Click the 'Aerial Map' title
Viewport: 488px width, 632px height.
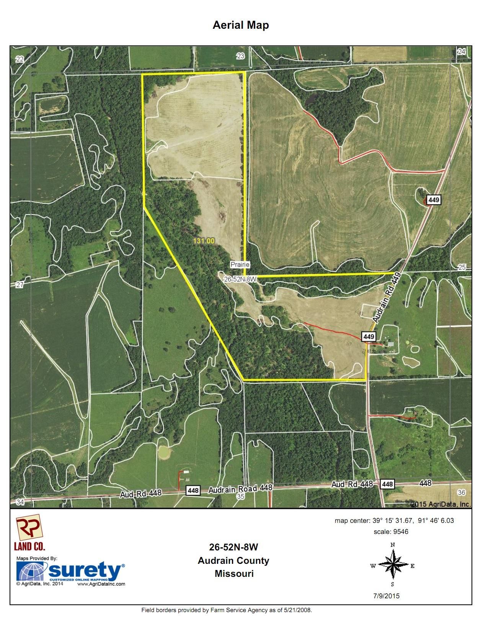[241, 25]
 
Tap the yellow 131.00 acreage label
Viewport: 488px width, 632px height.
[204, 241]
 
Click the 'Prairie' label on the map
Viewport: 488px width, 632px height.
[240, 264]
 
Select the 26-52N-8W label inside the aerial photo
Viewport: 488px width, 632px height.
[239, 280]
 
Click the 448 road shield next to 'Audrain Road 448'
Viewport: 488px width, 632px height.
[193, 490]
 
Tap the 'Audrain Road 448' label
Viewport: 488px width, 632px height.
[240, 489]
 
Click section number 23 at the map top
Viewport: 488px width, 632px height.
[240, 56]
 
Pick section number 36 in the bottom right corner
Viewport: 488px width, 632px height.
[461, 493]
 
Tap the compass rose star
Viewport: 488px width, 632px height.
[392, 565]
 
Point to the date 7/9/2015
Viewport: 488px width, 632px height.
[387, 596]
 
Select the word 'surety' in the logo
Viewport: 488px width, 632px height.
[84, 571]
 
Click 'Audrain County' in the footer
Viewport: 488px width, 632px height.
[233, 560]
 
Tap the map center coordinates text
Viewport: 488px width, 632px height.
[394, 521]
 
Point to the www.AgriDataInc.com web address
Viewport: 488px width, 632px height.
[104, 584]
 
